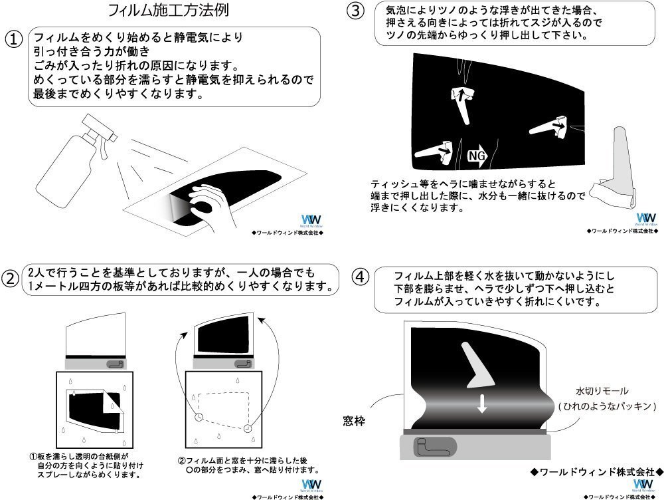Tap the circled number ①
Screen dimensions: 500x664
coord(14,39)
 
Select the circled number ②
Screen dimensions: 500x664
coord(11,278)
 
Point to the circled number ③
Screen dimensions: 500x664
coord(356,11)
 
